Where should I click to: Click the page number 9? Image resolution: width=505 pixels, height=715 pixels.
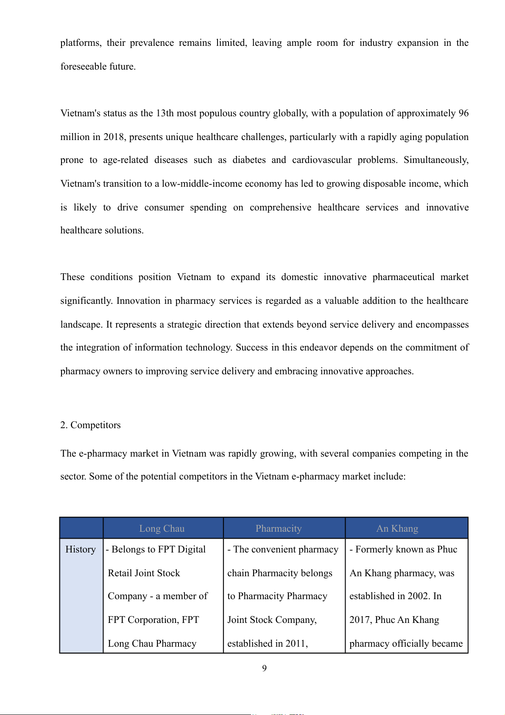pos(264,668)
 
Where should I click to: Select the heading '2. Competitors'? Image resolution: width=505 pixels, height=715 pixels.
pos(90,425)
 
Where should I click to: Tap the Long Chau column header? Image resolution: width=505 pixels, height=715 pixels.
pos(162,529)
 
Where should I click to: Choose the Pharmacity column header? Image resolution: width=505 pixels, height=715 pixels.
pos(279,529)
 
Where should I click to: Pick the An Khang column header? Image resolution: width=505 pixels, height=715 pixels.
pos(397,529)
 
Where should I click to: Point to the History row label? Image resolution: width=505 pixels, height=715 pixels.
pos(81,550)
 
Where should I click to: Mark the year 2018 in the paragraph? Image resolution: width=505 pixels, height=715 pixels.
pos(114,137)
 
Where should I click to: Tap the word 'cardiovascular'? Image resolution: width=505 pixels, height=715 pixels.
pos(321,160)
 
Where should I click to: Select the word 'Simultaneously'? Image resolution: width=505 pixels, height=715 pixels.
pos(435,160)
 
